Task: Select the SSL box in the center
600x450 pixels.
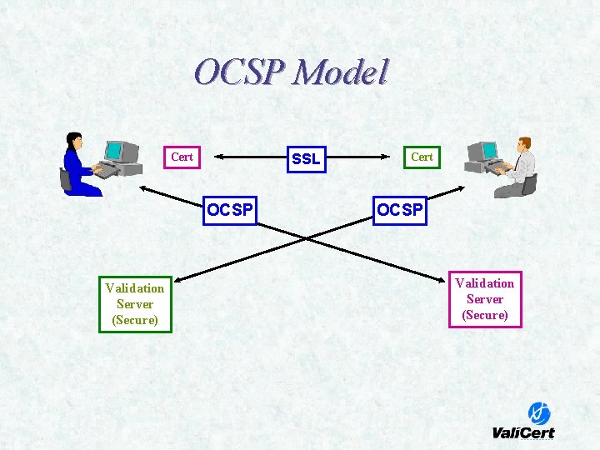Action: pos(306,158)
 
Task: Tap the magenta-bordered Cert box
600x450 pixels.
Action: pos(182,157)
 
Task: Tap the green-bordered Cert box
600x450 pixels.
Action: pos(422,157)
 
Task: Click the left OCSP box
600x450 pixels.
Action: pos(230,210)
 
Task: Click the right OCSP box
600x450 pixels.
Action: pos(399,210)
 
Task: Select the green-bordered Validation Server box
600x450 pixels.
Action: pos(135,304)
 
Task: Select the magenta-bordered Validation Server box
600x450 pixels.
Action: pos(485,299)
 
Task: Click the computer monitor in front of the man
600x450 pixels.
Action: pos(482,151)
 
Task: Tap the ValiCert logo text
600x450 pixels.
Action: pos(523,432)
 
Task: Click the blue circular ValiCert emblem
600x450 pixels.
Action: pos(539,412)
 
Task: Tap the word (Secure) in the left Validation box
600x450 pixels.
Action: pos(135,320)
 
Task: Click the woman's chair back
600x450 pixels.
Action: pos(65,178)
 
